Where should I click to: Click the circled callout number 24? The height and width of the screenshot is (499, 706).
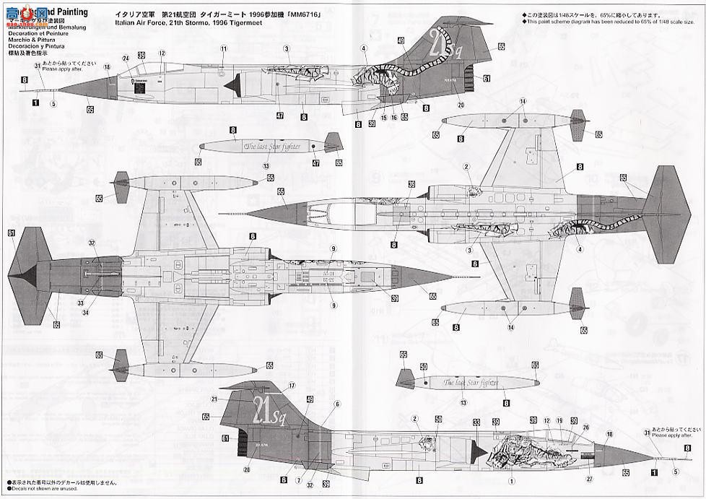coord(125,58)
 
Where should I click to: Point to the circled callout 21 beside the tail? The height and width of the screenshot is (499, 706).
coord(214,399)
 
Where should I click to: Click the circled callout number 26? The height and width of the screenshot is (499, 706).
coord(586,427)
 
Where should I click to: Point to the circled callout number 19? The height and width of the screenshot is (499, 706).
coord(559,420)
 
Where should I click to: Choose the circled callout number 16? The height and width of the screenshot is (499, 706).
coord(394,117)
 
